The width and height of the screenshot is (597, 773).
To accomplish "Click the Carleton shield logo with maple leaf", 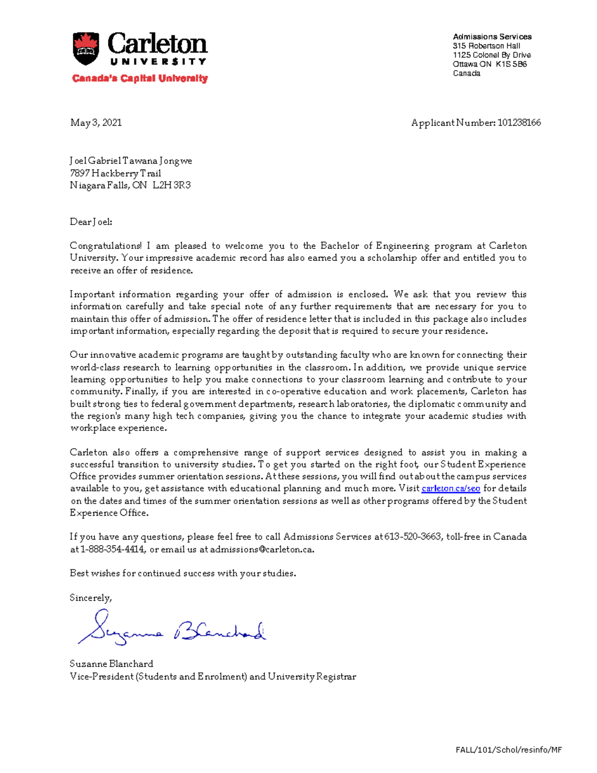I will (x=86, y=49).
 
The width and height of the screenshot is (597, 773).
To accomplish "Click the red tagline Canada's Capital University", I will (x=140, y=79).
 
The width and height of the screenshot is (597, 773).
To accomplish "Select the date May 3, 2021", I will (x=96, y=122).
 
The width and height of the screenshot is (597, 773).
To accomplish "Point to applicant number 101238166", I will (x=519, y=122).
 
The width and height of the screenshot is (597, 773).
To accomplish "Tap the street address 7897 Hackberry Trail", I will (x=115, y=173).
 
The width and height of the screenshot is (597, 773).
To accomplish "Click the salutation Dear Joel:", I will (x=91, y=222).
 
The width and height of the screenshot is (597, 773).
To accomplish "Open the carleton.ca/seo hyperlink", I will (x=451, y=489).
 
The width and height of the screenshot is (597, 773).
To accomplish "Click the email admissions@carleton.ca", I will (x=262, y=550).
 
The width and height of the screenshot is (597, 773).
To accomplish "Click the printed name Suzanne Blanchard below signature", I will (x=111, y=664).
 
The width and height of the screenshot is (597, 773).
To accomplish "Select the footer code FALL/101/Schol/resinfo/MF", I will (x=508, y=750).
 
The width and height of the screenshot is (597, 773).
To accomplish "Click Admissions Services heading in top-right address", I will (x=492, y=37).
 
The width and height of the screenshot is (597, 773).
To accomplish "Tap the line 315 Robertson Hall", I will (x=487, y=46).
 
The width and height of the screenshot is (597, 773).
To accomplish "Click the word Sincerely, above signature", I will (x=91, y=598).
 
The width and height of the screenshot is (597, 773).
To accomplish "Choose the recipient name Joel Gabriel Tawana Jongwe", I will (x=131, y=161).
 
